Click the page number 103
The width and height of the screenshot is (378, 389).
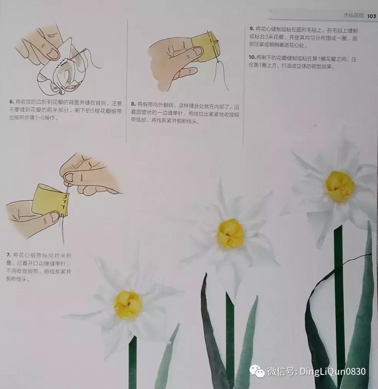(371, 16)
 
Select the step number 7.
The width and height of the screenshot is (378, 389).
(8, 255)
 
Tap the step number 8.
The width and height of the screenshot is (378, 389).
(133, 104)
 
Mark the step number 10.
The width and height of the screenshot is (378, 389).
(252, 57)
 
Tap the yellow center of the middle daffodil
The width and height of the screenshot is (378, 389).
(230, 233)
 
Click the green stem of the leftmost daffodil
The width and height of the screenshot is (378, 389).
(133, 361)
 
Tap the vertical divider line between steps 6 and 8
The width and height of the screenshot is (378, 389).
(126, 77)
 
